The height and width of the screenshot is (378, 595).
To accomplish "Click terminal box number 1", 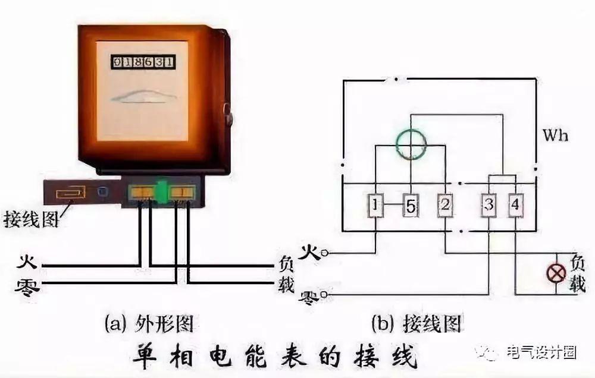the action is [375, 206].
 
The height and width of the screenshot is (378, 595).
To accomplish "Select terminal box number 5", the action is [411, 206].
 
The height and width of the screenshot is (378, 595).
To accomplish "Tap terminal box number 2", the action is [446, 206].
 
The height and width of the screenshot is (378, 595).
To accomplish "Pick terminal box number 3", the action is [489, 206].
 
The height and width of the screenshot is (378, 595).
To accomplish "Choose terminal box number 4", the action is [515, 206].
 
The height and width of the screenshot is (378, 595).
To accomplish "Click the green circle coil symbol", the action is [411, 141].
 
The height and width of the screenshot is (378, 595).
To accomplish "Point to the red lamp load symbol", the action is [557, 273].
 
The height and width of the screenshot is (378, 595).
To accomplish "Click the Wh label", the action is [555, 136].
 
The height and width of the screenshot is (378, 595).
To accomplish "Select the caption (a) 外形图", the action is [151, 323].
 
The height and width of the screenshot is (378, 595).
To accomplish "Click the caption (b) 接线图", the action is [416, 323].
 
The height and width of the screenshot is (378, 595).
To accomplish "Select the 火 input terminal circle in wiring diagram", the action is [324, 253].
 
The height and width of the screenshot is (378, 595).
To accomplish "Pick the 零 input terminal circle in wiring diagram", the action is [324, 294].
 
